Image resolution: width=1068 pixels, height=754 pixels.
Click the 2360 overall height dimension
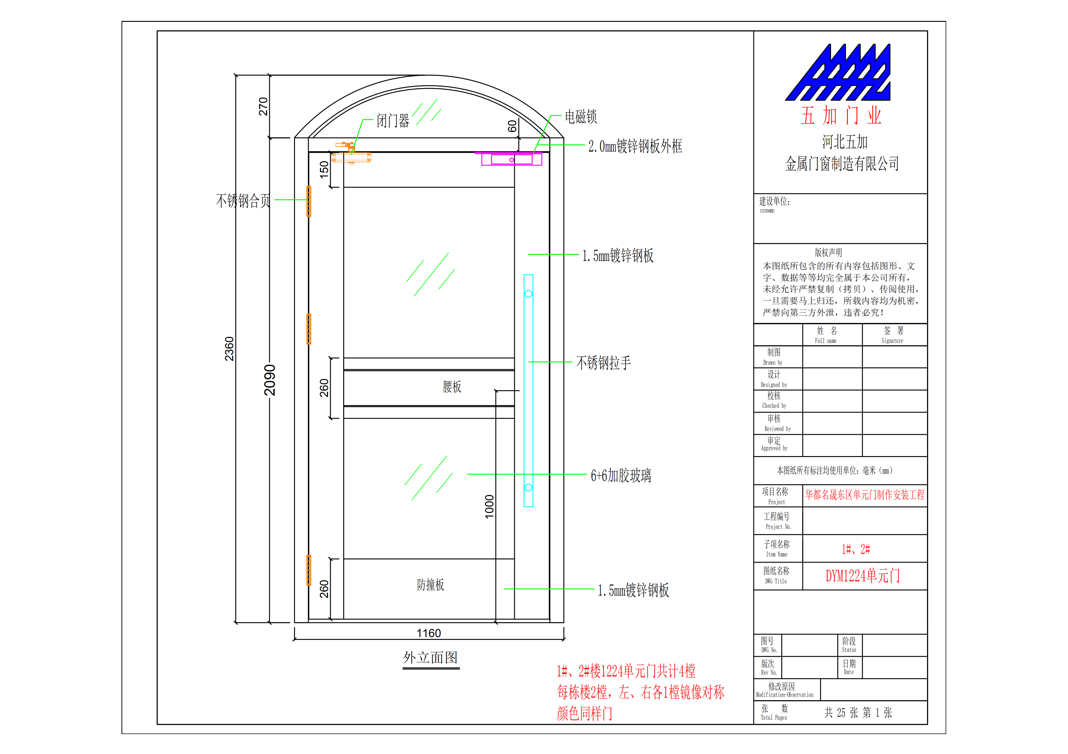click(229, 349)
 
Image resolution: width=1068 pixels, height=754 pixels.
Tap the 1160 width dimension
click(429, 633)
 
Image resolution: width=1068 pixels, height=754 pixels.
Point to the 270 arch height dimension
click(263, 106)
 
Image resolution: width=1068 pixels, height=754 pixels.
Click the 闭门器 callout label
click(393, 121)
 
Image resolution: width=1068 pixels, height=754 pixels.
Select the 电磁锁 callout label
click(580, 117)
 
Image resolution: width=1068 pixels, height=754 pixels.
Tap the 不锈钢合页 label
click(243, 201)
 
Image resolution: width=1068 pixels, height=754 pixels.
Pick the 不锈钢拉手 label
click(603, 363)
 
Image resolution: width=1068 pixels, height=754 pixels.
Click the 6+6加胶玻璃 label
click(620, 475)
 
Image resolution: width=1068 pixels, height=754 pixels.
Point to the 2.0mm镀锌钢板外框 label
click(635, 146)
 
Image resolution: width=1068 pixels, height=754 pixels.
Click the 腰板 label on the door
click(452, 387)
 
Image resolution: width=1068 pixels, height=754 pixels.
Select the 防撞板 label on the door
click(430, 585)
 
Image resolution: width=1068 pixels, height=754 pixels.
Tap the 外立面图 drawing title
click(430, 658)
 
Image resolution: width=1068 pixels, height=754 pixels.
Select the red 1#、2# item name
click(855, 550)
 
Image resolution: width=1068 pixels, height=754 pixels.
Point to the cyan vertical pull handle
click(528, 390)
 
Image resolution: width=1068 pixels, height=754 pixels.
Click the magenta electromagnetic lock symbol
click(512, 159)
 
